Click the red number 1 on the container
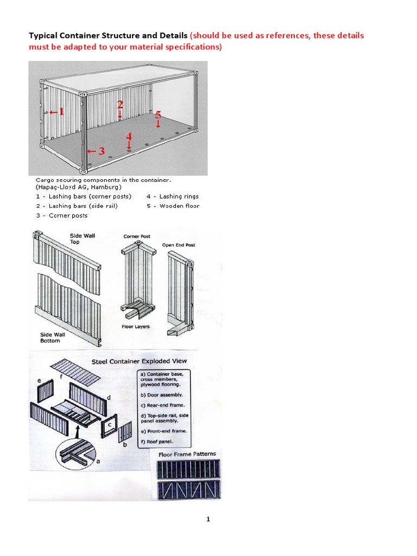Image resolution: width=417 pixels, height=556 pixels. pos(61,112)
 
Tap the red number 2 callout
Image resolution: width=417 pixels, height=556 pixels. pos(120,104)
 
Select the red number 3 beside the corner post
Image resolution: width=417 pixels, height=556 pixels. pos(101,151)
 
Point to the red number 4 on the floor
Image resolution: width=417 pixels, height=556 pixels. pos(129,136)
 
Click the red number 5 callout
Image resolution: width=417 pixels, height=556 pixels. pos(158,115)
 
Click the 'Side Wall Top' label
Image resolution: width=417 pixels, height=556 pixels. pos(82,239)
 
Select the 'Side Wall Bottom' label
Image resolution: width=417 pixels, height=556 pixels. pos(52,338)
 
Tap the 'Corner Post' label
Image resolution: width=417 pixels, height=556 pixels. pos(137,237)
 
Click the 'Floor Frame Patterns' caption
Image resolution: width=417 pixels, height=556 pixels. pos(187,454)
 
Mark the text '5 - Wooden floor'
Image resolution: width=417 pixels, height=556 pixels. pos(173,206)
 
